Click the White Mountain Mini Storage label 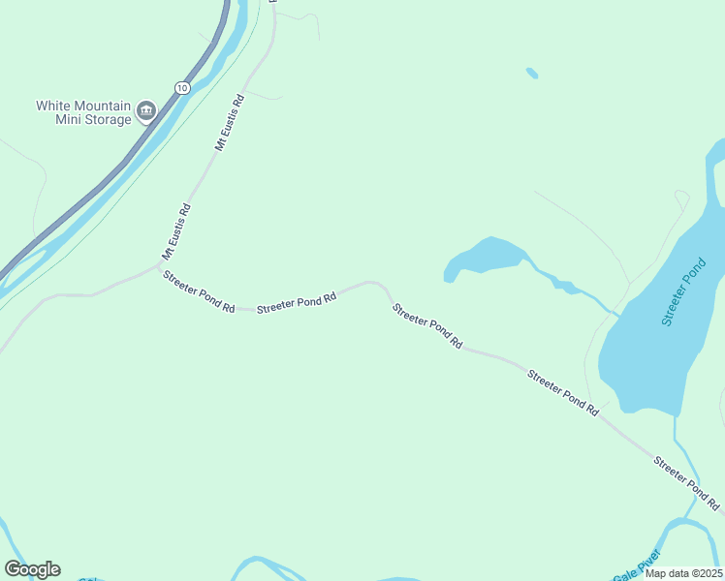83,112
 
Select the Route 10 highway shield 182,88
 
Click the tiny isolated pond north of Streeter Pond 531,73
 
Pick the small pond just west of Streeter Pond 485,257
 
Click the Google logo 32,569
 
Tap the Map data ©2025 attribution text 682,573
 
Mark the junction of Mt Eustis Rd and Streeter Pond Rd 161,265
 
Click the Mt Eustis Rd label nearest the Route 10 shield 230,122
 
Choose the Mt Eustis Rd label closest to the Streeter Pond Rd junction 176,231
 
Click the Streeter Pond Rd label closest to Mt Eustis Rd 199,290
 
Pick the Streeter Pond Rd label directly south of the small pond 426,326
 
